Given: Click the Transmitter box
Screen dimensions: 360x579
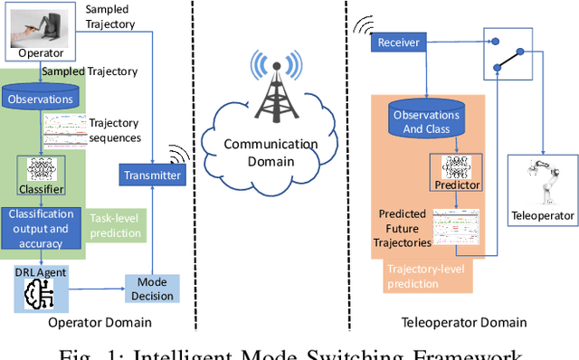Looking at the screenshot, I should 151,174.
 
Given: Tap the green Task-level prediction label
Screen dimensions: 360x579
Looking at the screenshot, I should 115,225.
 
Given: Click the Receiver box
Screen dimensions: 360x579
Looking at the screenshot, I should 398,43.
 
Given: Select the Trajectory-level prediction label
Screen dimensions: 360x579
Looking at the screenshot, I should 425,277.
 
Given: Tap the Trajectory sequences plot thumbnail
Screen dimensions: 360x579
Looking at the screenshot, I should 64,133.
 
